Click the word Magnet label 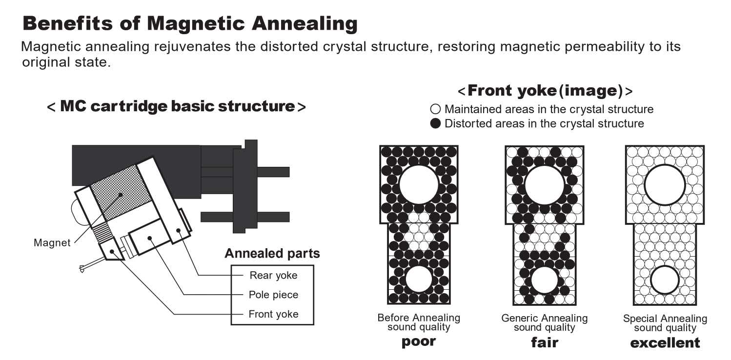(x=52, y=242)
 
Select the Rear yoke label (x=273, y=275)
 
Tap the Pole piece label (x=273, y=295)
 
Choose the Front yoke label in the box (x=273, y=314)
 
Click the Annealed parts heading (x=272, y=254)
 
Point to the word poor (x=418, y=341)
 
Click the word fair (x=544, y=342)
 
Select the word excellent (x=665, y=342)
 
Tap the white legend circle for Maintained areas (x=436, y=110)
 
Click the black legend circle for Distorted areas (x=436, y=123)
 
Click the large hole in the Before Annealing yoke (x=419, y=184)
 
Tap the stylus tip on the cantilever (x=82, y=267)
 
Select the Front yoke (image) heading (x=545, y=91)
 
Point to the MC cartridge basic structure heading (x=176, y=106)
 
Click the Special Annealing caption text (x=665, y=319)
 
